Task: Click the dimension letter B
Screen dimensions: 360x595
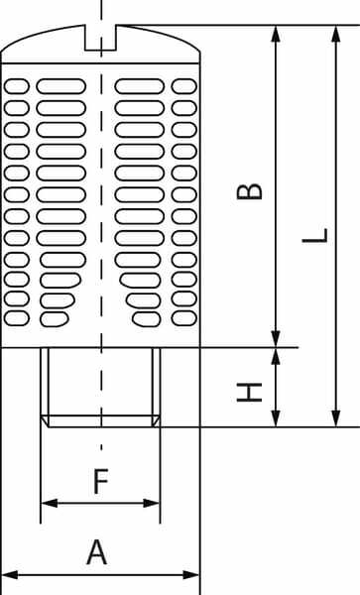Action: pos(249,191)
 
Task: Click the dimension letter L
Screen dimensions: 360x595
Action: pos(314,236)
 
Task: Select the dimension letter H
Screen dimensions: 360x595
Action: pos(249,393)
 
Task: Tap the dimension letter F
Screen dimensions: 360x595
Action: pos(101,481)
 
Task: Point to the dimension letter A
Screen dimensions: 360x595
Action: pos(97,552)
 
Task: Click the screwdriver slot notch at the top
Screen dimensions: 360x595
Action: pos(100,38)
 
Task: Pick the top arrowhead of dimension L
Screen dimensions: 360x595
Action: pos(336,34)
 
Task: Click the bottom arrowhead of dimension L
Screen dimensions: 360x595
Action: pos(336,418)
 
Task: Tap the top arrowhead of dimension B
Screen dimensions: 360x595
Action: pos(276,34)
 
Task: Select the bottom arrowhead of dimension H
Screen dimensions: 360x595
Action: pos(276,418)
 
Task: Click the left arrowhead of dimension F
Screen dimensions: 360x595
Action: pos(50,503)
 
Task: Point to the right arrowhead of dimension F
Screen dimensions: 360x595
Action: pos(152,503)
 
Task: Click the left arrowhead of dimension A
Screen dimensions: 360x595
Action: pos(10,574)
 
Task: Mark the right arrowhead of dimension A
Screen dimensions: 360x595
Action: pos(190,574)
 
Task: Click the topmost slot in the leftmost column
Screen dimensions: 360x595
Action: pos(16,86)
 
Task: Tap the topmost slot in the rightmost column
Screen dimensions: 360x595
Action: pos(184,86)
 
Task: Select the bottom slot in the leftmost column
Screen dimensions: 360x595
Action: pos(16,318)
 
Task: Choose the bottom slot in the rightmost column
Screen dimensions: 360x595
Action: pos(184,318)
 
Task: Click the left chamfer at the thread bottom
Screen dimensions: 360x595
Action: pos(45,420)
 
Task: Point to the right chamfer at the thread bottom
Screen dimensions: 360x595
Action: pos(156,420)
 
